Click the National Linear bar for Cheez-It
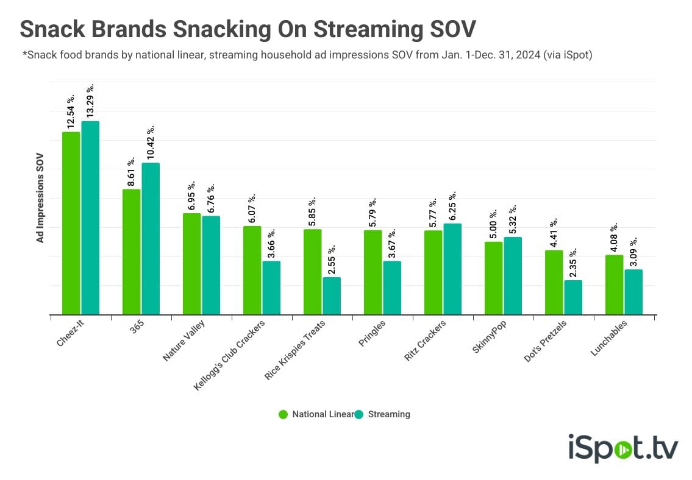(x=71, y=223)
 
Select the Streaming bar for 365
(x=151, y=239)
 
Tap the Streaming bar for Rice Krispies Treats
(x=332, y=296)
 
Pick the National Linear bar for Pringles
(x=373, y=272)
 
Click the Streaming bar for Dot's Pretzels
(x=573, y=297)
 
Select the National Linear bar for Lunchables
(x=615, y=284)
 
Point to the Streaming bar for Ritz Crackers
(x=452, y=269)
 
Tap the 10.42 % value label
(x=151, y=143)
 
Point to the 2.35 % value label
(x=573, y=263)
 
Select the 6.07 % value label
(x=252, y=208)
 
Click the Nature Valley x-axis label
(x=184, y=341)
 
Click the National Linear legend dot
(x=284, y=414)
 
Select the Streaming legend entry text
(x=389, y=414)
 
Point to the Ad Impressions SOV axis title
(x=40, y=198)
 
